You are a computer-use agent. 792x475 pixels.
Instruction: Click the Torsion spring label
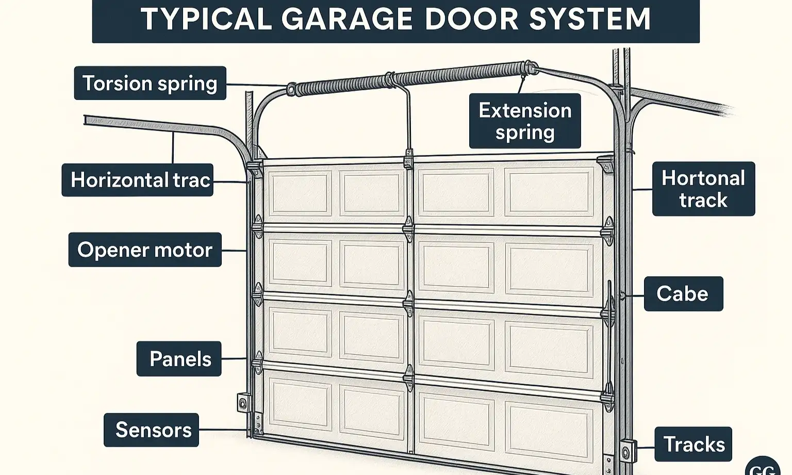point(150,83)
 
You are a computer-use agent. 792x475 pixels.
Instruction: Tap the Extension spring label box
point(525,121)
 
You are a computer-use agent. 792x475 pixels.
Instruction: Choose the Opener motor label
point(145,250)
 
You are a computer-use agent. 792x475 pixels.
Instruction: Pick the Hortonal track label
point(703,189)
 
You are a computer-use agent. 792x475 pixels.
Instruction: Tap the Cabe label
point(683,294)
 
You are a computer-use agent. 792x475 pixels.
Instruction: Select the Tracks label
point(693,444)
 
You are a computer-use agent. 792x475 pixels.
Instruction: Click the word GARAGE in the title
point(347,19)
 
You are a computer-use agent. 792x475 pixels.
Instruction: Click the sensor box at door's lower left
point(242,402)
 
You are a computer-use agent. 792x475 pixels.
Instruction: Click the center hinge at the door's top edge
point(408,159)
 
